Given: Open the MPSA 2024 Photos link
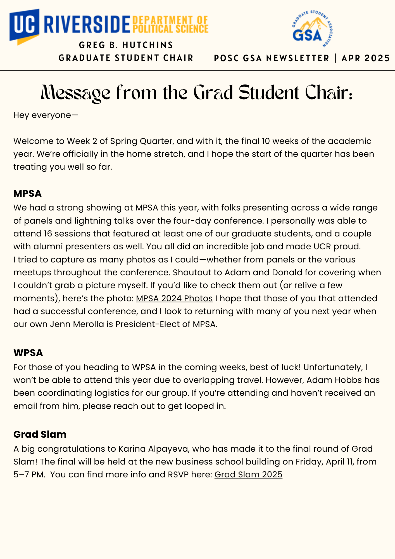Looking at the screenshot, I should [x=174, y=298].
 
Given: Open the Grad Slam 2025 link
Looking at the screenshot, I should [x=248, y=474].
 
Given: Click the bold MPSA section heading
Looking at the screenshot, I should [x=27, y=193].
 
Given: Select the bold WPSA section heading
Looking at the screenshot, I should [x=28, y=353].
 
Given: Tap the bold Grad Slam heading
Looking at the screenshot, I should [x=40, y=434].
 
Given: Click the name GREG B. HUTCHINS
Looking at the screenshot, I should [x=126, y=45].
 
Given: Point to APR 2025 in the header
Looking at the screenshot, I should [x=365, y=58].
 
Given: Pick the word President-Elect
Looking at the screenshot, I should [x=153, y=324].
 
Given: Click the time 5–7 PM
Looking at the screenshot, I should [x=29, y=474].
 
